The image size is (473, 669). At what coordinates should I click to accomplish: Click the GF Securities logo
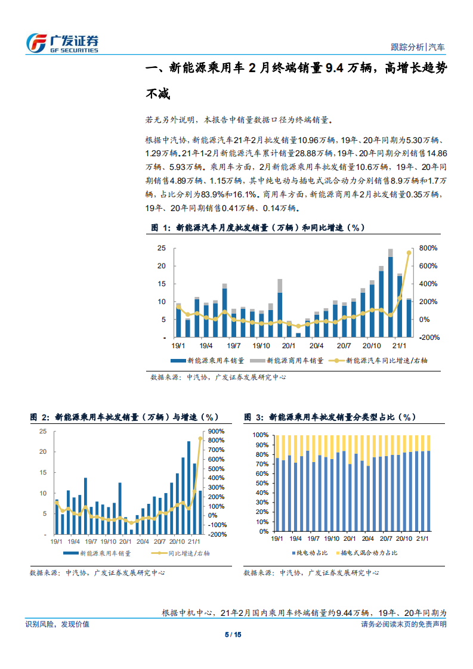pyautogui.click(x=62, y=42)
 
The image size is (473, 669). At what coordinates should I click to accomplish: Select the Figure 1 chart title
pyautogui.click(x=256, y=228)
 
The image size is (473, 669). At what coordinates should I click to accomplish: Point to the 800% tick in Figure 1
pyautogui.click(x=428, y=248)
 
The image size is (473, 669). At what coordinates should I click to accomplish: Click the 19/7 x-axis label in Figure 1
pyautogui.click(x=233, y=345)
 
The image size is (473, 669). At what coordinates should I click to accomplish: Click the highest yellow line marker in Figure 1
pyautogui.click(x=409, y=253)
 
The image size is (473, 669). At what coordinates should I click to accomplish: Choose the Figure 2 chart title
pyautogui.click(x=125, y=417)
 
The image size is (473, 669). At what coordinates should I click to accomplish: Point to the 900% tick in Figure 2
pyautogui.click(x=215, y=432)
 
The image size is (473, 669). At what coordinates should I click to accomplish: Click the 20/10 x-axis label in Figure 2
pyautogui.click(x=177, y=541)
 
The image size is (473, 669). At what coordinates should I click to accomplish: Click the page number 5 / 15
pyautogui.click(x=236, y=634)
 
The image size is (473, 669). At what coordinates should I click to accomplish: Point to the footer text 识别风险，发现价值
pyautogui.click(x=57, y=624)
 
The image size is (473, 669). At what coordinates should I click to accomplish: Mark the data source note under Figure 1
pyautogui.click(x=218, y=377)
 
